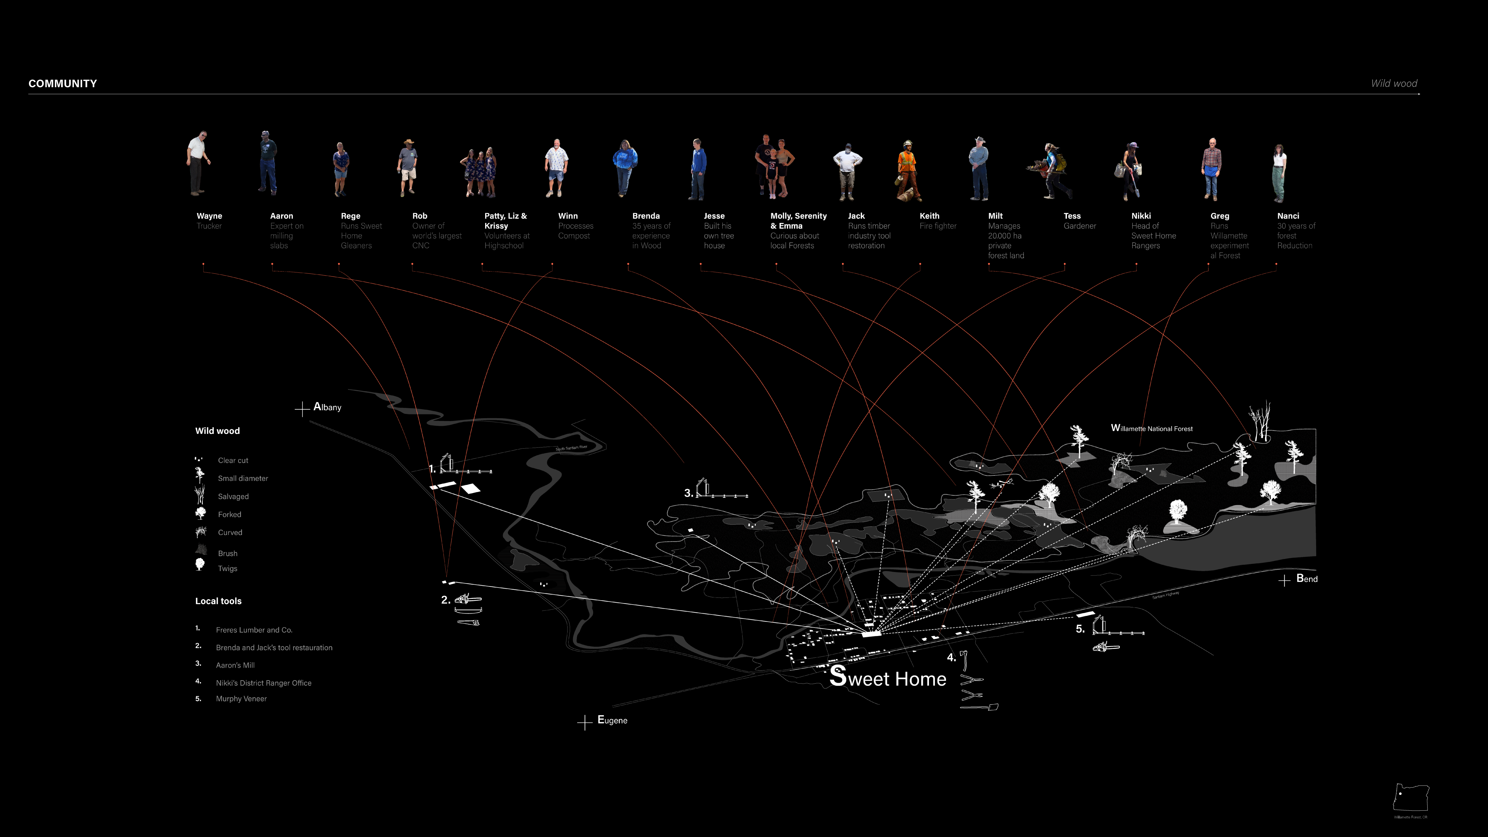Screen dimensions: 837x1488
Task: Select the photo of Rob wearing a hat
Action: click(408, 167)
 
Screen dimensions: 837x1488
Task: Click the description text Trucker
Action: click(209, 226)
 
